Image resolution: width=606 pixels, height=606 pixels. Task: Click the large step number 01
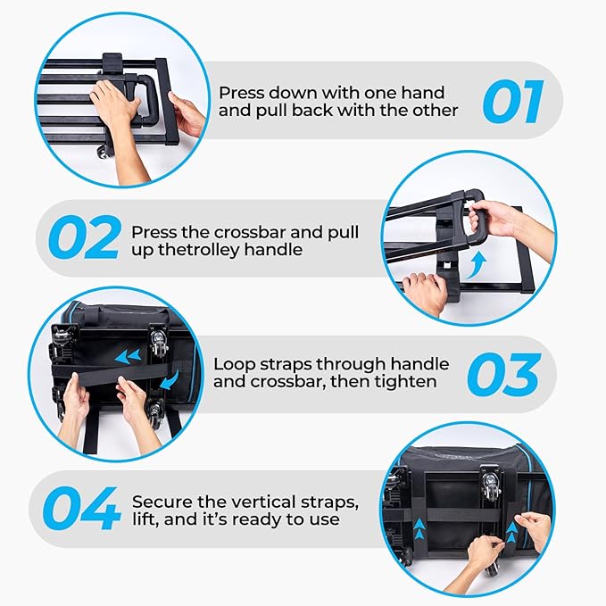[513, 102]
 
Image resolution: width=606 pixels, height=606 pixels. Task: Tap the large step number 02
[84, 237]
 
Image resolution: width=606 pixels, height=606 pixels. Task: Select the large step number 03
[503, 374]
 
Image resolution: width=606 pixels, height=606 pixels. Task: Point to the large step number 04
[81, 508]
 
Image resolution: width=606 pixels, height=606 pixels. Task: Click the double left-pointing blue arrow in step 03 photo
[128, 356]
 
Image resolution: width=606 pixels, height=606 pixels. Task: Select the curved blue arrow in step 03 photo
[170, 380]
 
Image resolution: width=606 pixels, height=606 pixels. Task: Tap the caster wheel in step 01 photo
[103, 151]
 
